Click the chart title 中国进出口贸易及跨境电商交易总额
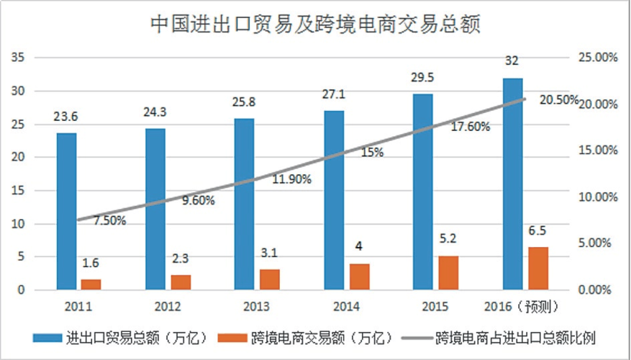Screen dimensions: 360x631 314,23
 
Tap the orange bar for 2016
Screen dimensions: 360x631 538,268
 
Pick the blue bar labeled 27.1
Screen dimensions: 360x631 334,199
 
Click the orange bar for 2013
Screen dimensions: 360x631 270,279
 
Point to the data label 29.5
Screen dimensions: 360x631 422,78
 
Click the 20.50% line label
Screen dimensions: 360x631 558,100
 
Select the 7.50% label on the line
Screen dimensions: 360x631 110,221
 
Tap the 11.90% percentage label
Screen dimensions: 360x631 291,179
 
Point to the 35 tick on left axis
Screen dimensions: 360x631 19,58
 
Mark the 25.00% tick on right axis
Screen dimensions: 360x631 599,58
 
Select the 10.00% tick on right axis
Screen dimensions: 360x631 599,197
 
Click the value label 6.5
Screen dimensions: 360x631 538,232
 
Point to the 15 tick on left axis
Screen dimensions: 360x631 19,191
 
